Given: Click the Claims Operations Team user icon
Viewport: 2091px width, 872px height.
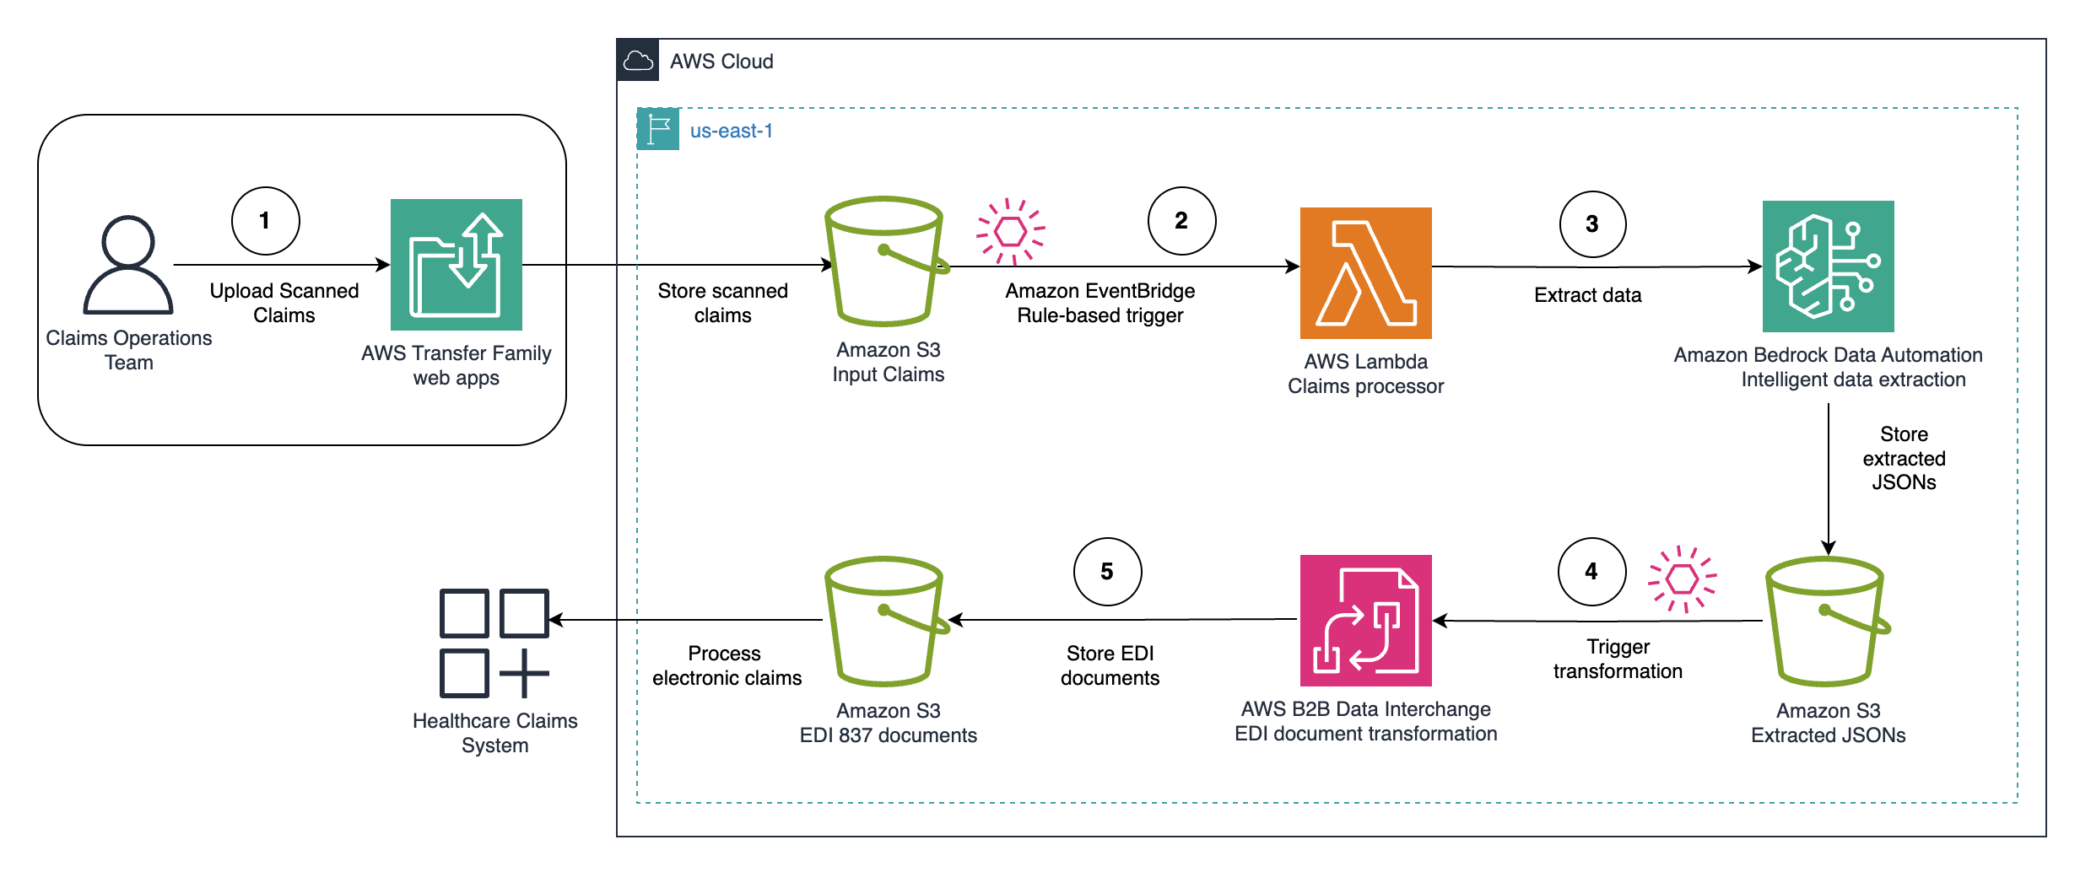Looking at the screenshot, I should point(128,265).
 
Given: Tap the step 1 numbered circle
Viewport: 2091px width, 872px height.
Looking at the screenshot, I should point(265,221).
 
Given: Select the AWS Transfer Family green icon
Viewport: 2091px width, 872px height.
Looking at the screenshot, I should point(456,265).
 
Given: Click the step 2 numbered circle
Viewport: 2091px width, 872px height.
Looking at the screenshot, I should point(1181,221).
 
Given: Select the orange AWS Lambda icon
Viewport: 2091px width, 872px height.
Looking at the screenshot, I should point(1365,273).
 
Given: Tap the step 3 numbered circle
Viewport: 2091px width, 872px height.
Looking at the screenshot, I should point(1592,224).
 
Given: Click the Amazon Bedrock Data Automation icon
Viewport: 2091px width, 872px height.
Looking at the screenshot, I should point(1828,266).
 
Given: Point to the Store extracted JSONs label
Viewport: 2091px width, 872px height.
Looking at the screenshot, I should point(1904,458).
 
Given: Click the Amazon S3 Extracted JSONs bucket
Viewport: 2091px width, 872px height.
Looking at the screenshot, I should point(1826,621).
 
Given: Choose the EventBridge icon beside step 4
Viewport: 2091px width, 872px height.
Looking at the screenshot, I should point(1683,579).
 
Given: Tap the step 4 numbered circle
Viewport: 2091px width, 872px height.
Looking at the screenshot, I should point(1591,572).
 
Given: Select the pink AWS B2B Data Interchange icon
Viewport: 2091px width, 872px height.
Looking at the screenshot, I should point(1365,621).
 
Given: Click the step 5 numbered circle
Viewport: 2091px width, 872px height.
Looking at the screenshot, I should point(1107,572).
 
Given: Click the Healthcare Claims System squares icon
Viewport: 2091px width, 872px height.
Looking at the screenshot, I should point(494,643).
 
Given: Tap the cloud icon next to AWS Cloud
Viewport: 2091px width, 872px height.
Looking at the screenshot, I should point(638,61).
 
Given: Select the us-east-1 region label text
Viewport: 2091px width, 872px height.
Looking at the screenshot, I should point(731,132).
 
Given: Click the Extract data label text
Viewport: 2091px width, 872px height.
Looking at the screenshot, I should point(1587,295).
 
